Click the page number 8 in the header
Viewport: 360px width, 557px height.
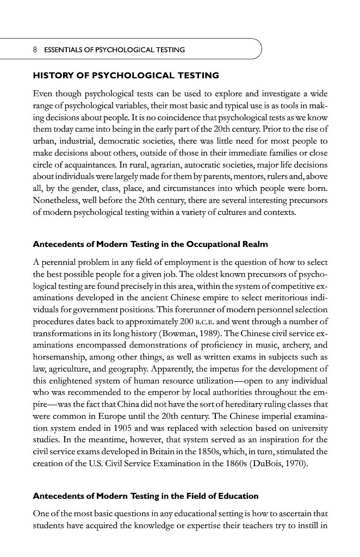(x=35, y=50)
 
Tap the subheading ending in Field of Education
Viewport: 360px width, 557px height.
(x=146, y=496)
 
